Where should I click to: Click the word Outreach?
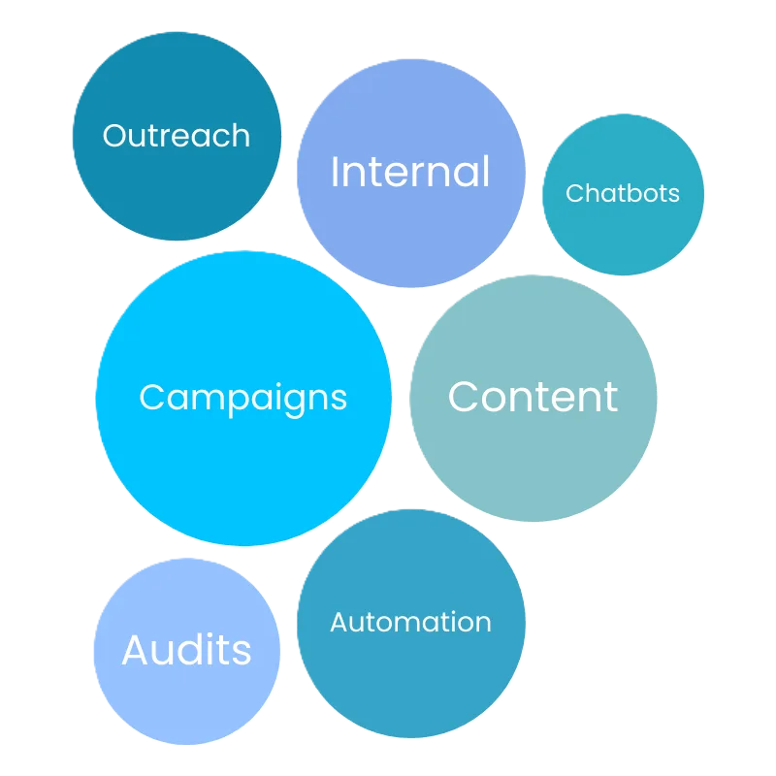(x=176, y=136)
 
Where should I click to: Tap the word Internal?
(x=410, y=173)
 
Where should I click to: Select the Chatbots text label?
(x=623, y=193)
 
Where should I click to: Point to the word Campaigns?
(x=242, y=398)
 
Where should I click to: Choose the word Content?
(x=533, y=397)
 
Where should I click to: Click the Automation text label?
(x=410, y=622)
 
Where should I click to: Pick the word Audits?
(x=186, y=650)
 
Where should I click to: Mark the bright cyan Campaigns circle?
(x=242, y=475)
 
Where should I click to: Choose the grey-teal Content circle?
(x=533, y=466)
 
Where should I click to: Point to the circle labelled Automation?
(x=410, y=689)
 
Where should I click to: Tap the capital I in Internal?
(x=335, y=172)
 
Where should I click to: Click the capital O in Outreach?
(x=114, y=136)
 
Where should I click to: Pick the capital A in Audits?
(x=135, y=649)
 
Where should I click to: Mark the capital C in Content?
(x=465, y=397)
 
